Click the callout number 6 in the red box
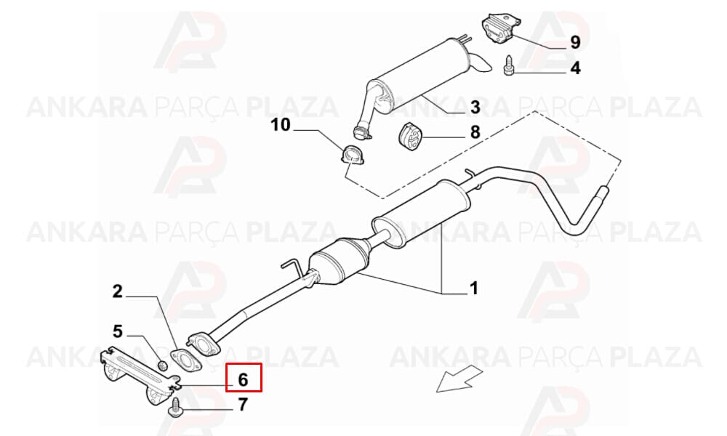(x=243, y=379)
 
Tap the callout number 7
(x=243, y=405)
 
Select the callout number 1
(x=473, y=288)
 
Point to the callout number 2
(x=118, y=291)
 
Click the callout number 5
(x=118, y=331)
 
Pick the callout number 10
(x=281, y=125)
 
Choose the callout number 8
(x=475, y=132)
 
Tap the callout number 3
(x=475, y=108)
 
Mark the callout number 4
(x=575, y=68)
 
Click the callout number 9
(x=575, y=43)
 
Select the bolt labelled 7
(x=176, y=408)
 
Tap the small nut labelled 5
(x=163, y=365)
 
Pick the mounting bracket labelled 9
(x=502, y=30)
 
